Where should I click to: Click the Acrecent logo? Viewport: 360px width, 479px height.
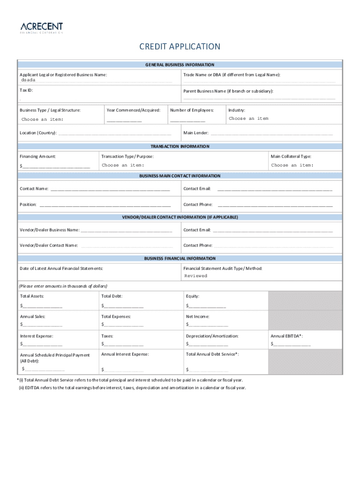click(x=41, y=28)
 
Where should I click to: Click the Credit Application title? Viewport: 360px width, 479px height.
click(x=180, y=47)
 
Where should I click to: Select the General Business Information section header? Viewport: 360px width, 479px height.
click(x=180, y=65)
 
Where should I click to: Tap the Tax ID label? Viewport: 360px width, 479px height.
click(x=26, y=90)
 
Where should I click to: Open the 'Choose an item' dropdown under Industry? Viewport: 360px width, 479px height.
click(x=249, y=119)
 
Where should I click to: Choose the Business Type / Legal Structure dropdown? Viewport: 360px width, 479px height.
click(x=43, y=120)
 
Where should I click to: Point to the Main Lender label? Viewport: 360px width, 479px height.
click(x=196, y=133)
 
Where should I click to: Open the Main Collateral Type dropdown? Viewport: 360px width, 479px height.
click(x=292, y=165)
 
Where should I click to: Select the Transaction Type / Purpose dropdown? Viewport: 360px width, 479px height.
click(x=123, y=165)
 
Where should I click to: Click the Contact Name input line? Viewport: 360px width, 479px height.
click(x=110, y=189)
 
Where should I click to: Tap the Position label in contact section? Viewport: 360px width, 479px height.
click(x=28, y=204)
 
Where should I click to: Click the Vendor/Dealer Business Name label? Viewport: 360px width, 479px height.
click(x=50, y=230)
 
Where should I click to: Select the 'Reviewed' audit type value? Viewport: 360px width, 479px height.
click(x=195, y=276)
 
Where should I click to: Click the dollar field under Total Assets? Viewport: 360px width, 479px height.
click(x=42, y=306)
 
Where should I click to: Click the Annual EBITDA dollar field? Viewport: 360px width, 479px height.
click(x=291, y=345)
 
